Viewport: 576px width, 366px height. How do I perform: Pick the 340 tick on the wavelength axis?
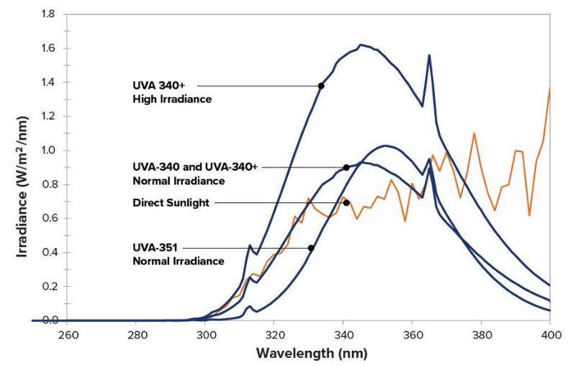pos(343,335)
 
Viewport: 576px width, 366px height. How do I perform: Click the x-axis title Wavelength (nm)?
pos(308,353)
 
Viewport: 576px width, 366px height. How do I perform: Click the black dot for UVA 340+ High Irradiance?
pos(321,86)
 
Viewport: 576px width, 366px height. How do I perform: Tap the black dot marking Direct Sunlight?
pos(346,202)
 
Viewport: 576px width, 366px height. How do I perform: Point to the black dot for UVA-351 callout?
pos(311,248)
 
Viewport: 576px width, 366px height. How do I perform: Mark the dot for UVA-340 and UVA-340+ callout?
pos(346,167)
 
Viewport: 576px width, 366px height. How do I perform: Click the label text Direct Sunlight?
pos(171,203)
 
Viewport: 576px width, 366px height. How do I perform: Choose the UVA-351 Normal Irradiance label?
pos(179,254)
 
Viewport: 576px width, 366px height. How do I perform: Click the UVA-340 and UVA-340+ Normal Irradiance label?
pos(194,173)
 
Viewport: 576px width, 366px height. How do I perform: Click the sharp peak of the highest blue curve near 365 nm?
pos(429,55)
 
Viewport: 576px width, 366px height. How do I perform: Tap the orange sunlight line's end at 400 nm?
pos(549,88)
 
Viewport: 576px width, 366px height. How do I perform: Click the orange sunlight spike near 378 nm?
pos(474,133)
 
